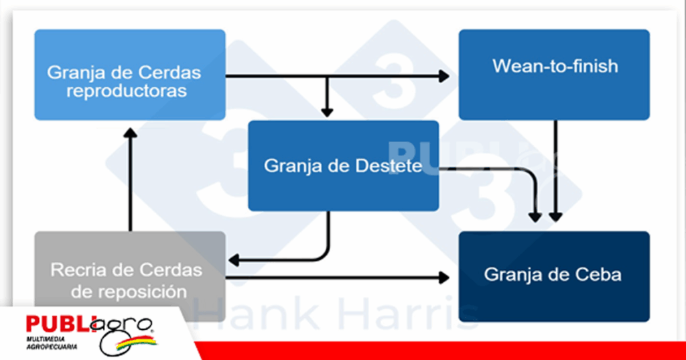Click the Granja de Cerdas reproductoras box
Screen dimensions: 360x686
(x=129, y=74)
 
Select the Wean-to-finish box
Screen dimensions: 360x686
(x=554, y=74)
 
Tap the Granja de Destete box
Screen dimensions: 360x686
(x=343, y=166)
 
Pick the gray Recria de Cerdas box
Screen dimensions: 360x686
(x=129, y=277)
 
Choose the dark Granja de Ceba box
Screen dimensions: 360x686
(x=554, y=276)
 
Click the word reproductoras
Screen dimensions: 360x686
(x=126, y=91)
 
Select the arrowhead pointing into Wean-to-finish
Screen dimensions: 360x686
(x=443, y=76)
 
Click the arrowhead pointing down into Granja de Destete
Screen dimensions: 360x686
(x=327, y=111)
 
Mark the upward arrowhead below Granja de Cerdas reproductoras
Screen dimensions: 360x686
(x=130, y=133)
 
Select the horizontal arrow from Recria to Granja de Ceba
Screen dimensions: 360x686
(x=335, y=277)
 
